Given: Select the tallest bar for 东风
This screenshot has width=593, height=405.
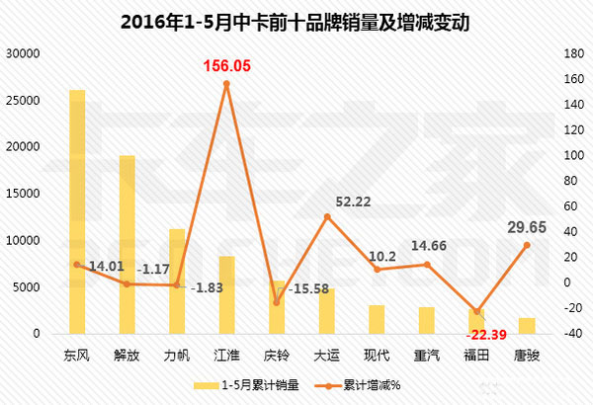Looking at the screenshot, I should pos(76,211).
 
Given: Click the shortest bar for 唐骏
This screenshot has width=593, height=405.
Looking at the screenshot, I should pos(527,326).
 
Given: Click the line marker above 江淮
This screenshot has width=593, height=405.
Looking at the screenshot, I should pos(226,84).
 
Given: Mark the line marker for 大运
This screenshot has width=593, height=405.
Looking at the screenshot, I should pos(327,216).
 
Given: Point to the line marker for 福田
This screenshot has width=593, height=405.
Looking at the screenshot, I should pos(477,311).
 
